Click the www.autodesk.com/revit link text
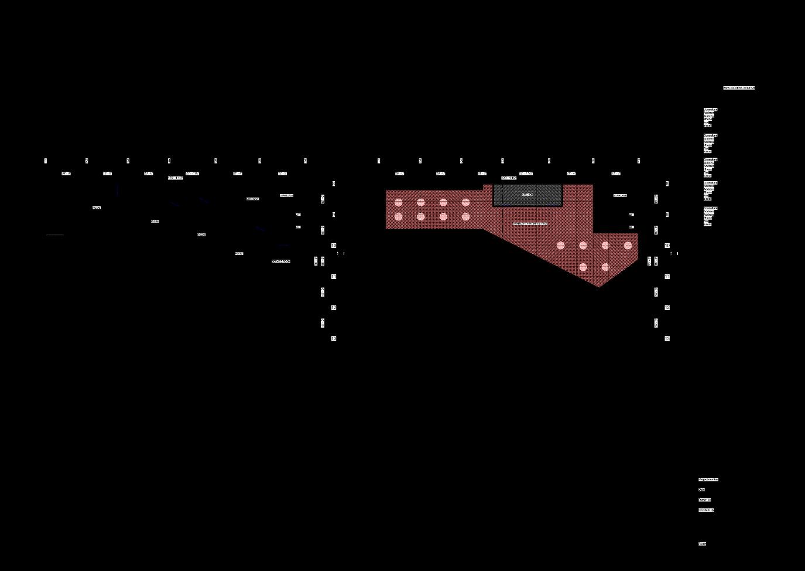(739, 88)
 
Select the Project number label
(708, 480)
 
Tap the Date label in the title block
(701, 490)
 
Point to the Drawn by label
(704, 500)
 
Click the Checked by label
(706, 510)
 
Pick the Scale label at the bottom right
(702, 544)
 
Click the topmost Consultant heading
(710, 110)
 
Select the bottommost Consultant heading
(710, 208)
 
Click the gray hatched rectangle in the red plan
(527, 195)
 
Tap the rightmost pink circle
(628, 246)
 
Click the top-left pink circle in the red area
(399, 203)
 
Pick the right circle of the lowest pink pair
(605, 267)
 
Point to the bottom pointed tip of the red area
(598, 287)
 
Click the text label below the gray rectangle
(530, 224)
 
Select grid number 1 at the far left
(46, 161)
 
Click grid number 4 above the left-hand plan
(169, 161)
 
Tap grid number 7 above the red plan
(639, 161)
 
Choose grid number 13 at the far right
(667, 338)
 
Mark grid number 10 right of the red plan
(667, 246)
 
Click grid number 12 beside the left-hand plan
(334, 307)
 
